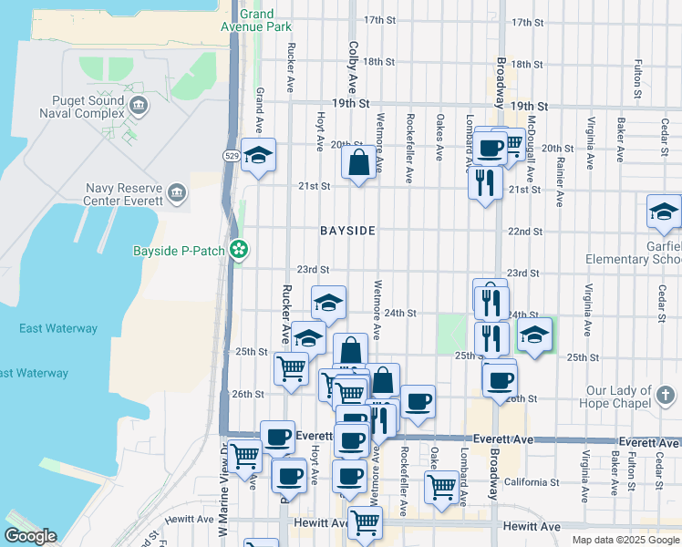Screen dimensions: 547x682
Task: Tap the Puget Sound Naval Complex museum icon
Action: (139, 106)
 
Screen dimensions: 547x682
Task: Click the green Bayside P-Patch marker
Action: (239, 248)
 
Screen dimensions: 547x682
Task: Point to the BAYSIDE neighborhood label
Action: (347, 232)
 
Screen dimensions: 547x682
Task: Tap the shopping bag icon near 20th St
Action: (358, 164)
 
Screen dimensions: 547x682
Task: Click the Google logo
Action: (29, 536)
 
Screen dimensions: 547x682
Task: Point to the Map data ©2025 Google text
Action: (625, 540)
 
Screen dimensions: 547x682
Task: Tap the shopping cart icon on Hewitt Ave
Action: (364, 522)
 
